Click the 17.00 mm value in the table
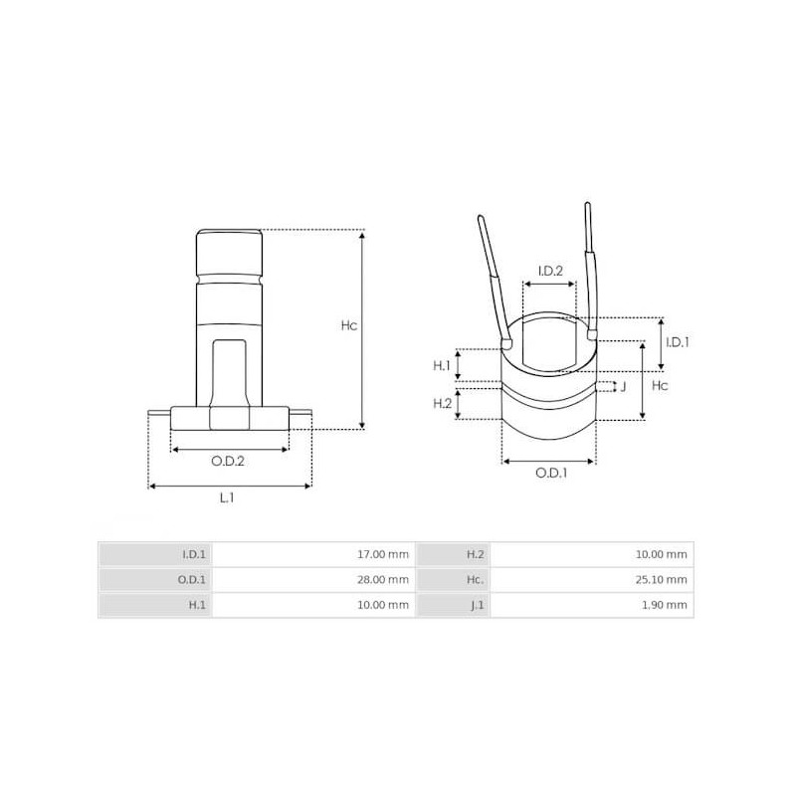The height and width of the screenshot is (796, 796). tap(382, 554)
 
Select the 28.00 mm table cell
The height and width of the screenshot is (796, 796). tap(382, 579)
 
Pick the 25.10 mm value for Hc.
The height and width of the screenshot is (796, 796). tap(661, 579)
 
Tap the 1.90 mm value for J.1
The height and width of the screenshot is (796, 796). tap(664, 604)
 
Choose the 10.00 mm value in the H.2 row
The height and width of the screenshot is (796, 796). tap(661, 554)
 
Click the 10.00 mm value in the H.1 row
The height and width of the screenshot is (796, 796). tap(382, 604)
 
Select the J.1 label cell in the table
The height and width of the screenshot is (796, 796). tap(475, 604)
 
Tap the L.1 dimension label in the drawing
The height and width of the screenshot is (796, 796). tap(227, 498)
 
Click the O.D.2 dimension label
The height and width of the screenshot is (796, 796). tap(228, 461)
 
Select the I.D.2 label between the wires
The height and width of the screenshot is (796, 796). tap(550, 271)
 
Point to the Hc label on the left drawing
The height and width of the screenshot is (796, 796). tap(348, 325)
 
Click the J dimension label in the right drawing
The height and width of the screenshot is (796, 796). tap(623, 386)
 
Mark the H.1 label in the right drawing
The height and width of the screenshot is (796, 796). tap(442, 366)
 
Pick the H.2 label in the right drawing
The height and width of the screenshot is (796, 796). tap(442, 403)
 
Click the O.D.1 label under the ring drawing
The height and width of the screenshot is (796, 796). tap(550, 474)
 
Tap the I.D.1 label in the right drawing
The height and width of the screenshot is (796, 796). tap(677, 341)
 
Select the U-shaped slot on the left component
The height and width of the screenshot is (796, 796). tap(228, 368)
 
